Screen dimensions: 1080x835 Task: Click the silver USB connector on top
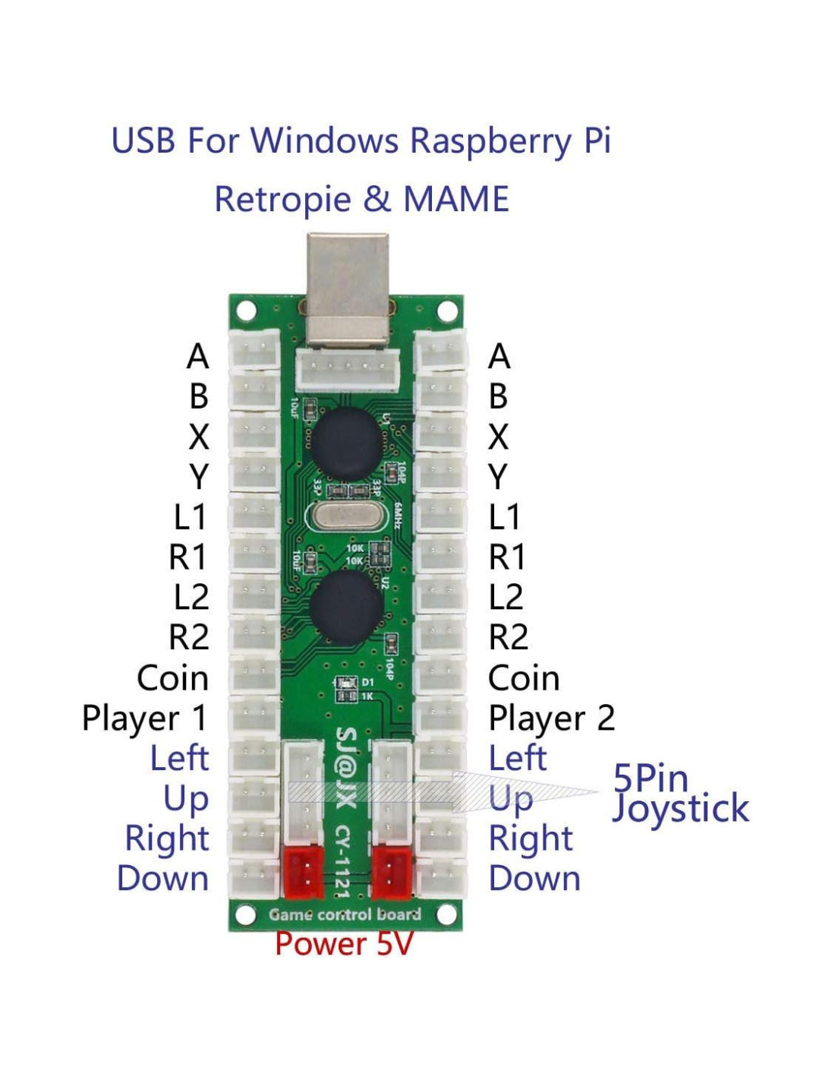[348, 289]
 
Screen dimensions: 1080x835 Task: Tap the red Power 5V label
[344, 944]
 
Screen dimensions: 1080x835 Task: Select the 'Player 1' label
[144, 718]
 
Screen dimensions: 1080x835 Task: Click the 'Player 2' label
[551, 718]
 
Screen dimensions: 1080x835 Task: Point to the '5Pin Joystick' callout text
[679, 794]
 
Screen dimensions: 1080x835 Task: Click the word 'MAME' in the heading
[455, 199]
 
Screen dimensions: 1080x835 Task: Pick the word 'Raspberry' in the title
[490, 141]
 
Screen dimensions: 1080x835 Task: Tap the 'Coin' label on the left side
[172, 678]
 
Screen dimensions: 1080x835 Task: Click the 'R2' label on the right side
[508, 637]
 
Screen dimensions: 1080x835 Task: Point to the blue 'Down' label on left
[162, 879]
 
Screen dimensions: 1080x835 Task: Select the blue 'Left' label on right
[517, 758]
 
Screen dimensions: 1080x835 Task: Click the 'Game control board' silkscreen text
[345, 914]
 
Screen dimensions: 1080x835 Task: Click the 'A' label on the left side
[197, 356]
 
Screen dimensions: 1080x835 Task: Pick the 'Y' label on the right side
[498, 477]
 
